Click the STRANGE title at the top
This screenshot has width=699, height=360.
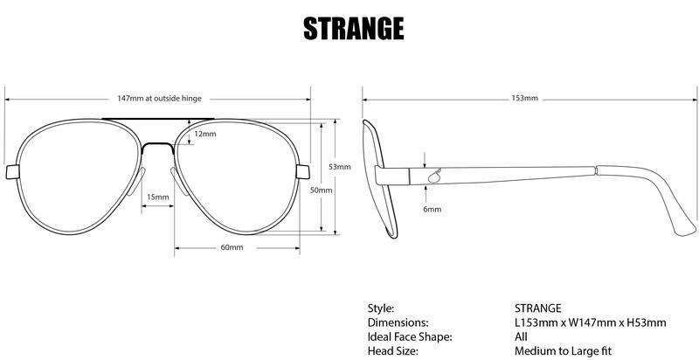click(x=353, y=28)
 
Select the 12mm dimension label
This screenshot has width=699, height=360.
click(x=205, y=134)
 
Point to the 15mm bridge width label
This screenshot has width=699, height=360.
click(x=158, y=197)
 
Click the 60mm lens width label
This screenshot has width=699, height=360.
click(x=232, y=247)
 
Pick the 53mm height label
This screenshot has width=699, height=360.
click(x=340, y=166)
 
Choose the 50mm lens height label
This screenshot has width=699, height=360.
click(x=322, y=190)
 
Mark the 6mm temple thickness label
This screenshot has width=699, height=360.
click(x=432, y=210)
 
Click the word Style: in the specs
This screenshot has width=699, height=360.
click(x=381, y=308)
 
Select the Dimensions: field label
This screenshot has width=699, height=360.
click(x=397, y=322)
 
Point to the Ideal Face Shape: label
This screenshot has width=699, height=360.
click(x=409, y=336)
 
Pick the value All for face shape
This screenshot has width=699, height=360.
click(x=521, y=336)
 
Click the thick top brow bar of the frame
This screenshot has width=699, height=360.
click(x=158, y=117)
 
